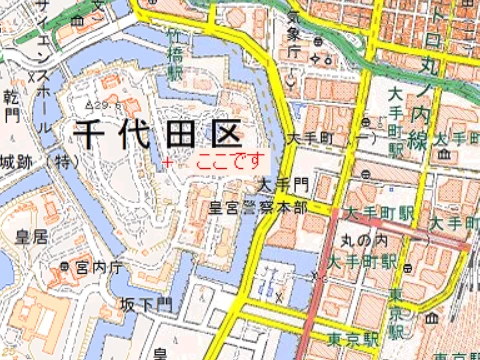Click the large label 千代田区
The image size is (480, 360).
click(154, 133)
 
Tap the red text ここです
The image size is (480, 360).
click(232, 160)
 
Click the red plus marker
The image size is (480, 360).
click(168, 161)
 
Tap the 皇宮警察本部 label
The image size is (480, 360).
click(257, 208)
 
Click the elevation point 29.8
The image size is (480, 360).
click(102, 103)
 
